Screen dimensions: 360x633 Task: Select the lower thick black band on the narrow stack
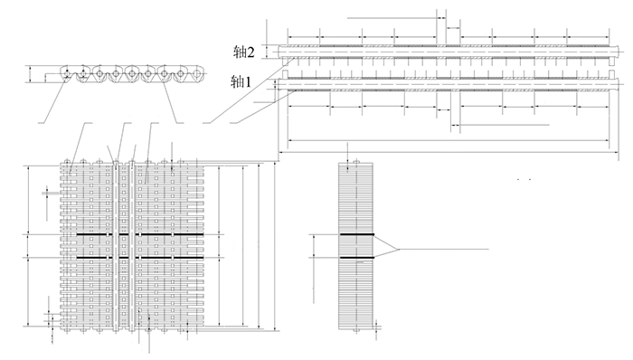click(356, 260)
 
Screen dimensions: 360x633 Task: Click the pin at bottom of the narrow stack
click(356, 335)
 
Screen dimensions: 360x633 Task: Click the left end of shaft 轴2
click(282, 52)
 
